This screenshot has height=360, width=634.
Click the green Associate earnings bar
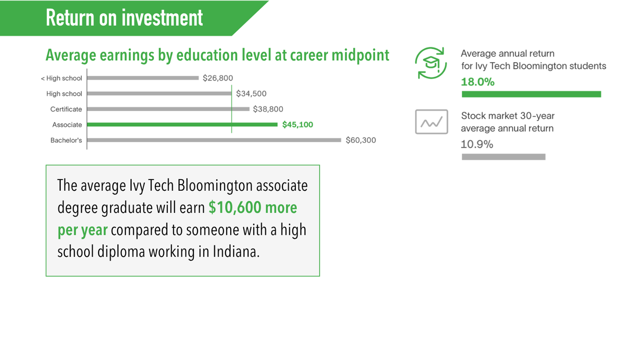pos(182,125)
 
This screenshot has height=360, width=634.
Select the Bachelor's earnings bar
pos(214,140)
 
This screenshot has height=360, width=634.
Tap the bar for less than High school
pos(143,78)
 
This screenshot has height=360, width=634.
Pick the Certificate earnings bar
pos(169,109)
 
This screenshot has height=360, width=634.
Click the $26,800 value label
pos(218,78)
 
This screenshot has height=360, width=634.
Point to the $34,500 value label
pos(251,94)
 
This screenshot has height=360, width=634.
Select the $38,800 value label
pos(268,109)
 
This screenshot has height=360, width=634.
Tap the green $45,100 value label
pos(298,125)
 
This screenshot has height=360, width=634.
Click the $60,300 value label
pos(361,140)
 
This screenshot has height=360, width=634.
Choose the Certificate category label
pos(66,109)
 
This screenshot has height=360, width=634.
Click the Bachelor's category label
pos(66,140)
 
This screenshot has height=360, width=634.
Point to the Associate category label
pos(67,125)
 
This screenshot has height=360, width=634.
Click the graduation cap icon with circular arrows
pos(431,63)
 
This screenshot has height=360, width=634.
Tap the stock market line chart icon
pos(432,122)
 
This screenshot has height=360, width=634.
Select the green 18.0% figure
pos(478,82)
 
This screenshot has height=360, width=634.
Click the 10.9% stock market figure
pos(477,144)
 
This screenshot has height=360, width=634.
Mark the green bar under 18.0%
pos(531,94)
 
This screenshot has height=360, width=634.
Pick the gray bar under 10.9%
pos(504,157)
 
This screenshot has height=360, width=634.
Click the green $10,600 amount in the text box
pos(235,207)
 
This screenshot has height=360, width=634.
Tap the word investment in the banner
pos(162,18)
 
